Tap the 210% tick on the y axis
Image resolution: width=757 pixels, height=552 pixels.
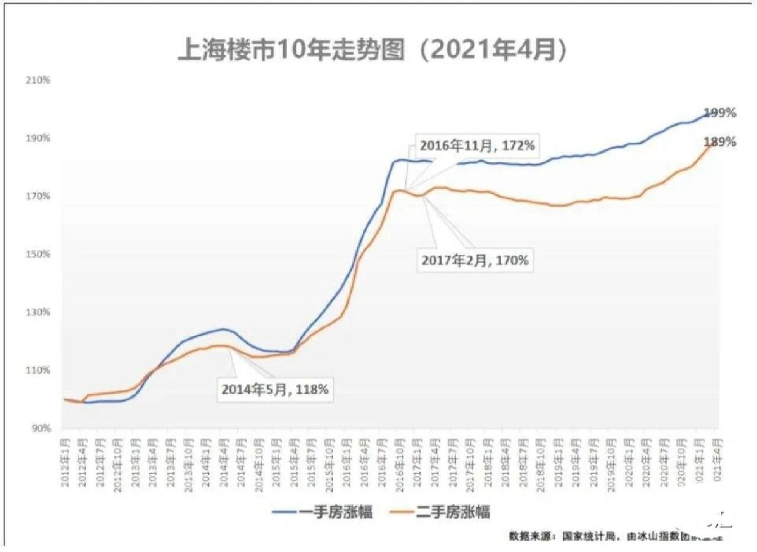[38, 80]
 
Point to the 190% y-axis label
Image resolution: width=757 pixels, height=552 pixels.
[38, 138]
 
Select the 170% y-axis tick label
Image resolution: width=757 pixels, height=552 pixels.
[38, 196]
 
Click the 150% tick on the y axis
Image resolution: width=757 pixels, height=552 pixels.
[38, 254]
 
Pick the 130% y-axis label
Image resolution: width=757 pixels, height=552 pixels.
[38, 312]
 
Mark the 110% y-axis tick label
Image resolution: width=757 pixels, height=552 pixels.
[38, 370]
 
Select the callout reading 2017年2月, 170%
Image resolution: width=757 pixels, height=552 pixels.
[475, 260]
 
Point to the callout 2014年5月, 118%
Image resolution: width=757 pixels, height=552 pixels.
[275, 389]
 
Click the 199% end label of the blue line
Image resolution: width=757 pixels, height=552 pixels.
[720, 113]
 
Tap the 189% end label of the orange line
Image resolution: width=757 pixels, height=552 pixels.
[720, 142]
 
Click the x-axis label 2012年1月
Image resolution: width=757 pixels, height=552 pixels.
[65, 463]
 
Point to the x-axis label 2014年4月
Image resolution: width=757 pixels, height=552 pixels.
[223, 463]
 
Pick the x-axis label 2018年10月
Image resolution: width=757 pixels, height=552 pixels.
[540, 465]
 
